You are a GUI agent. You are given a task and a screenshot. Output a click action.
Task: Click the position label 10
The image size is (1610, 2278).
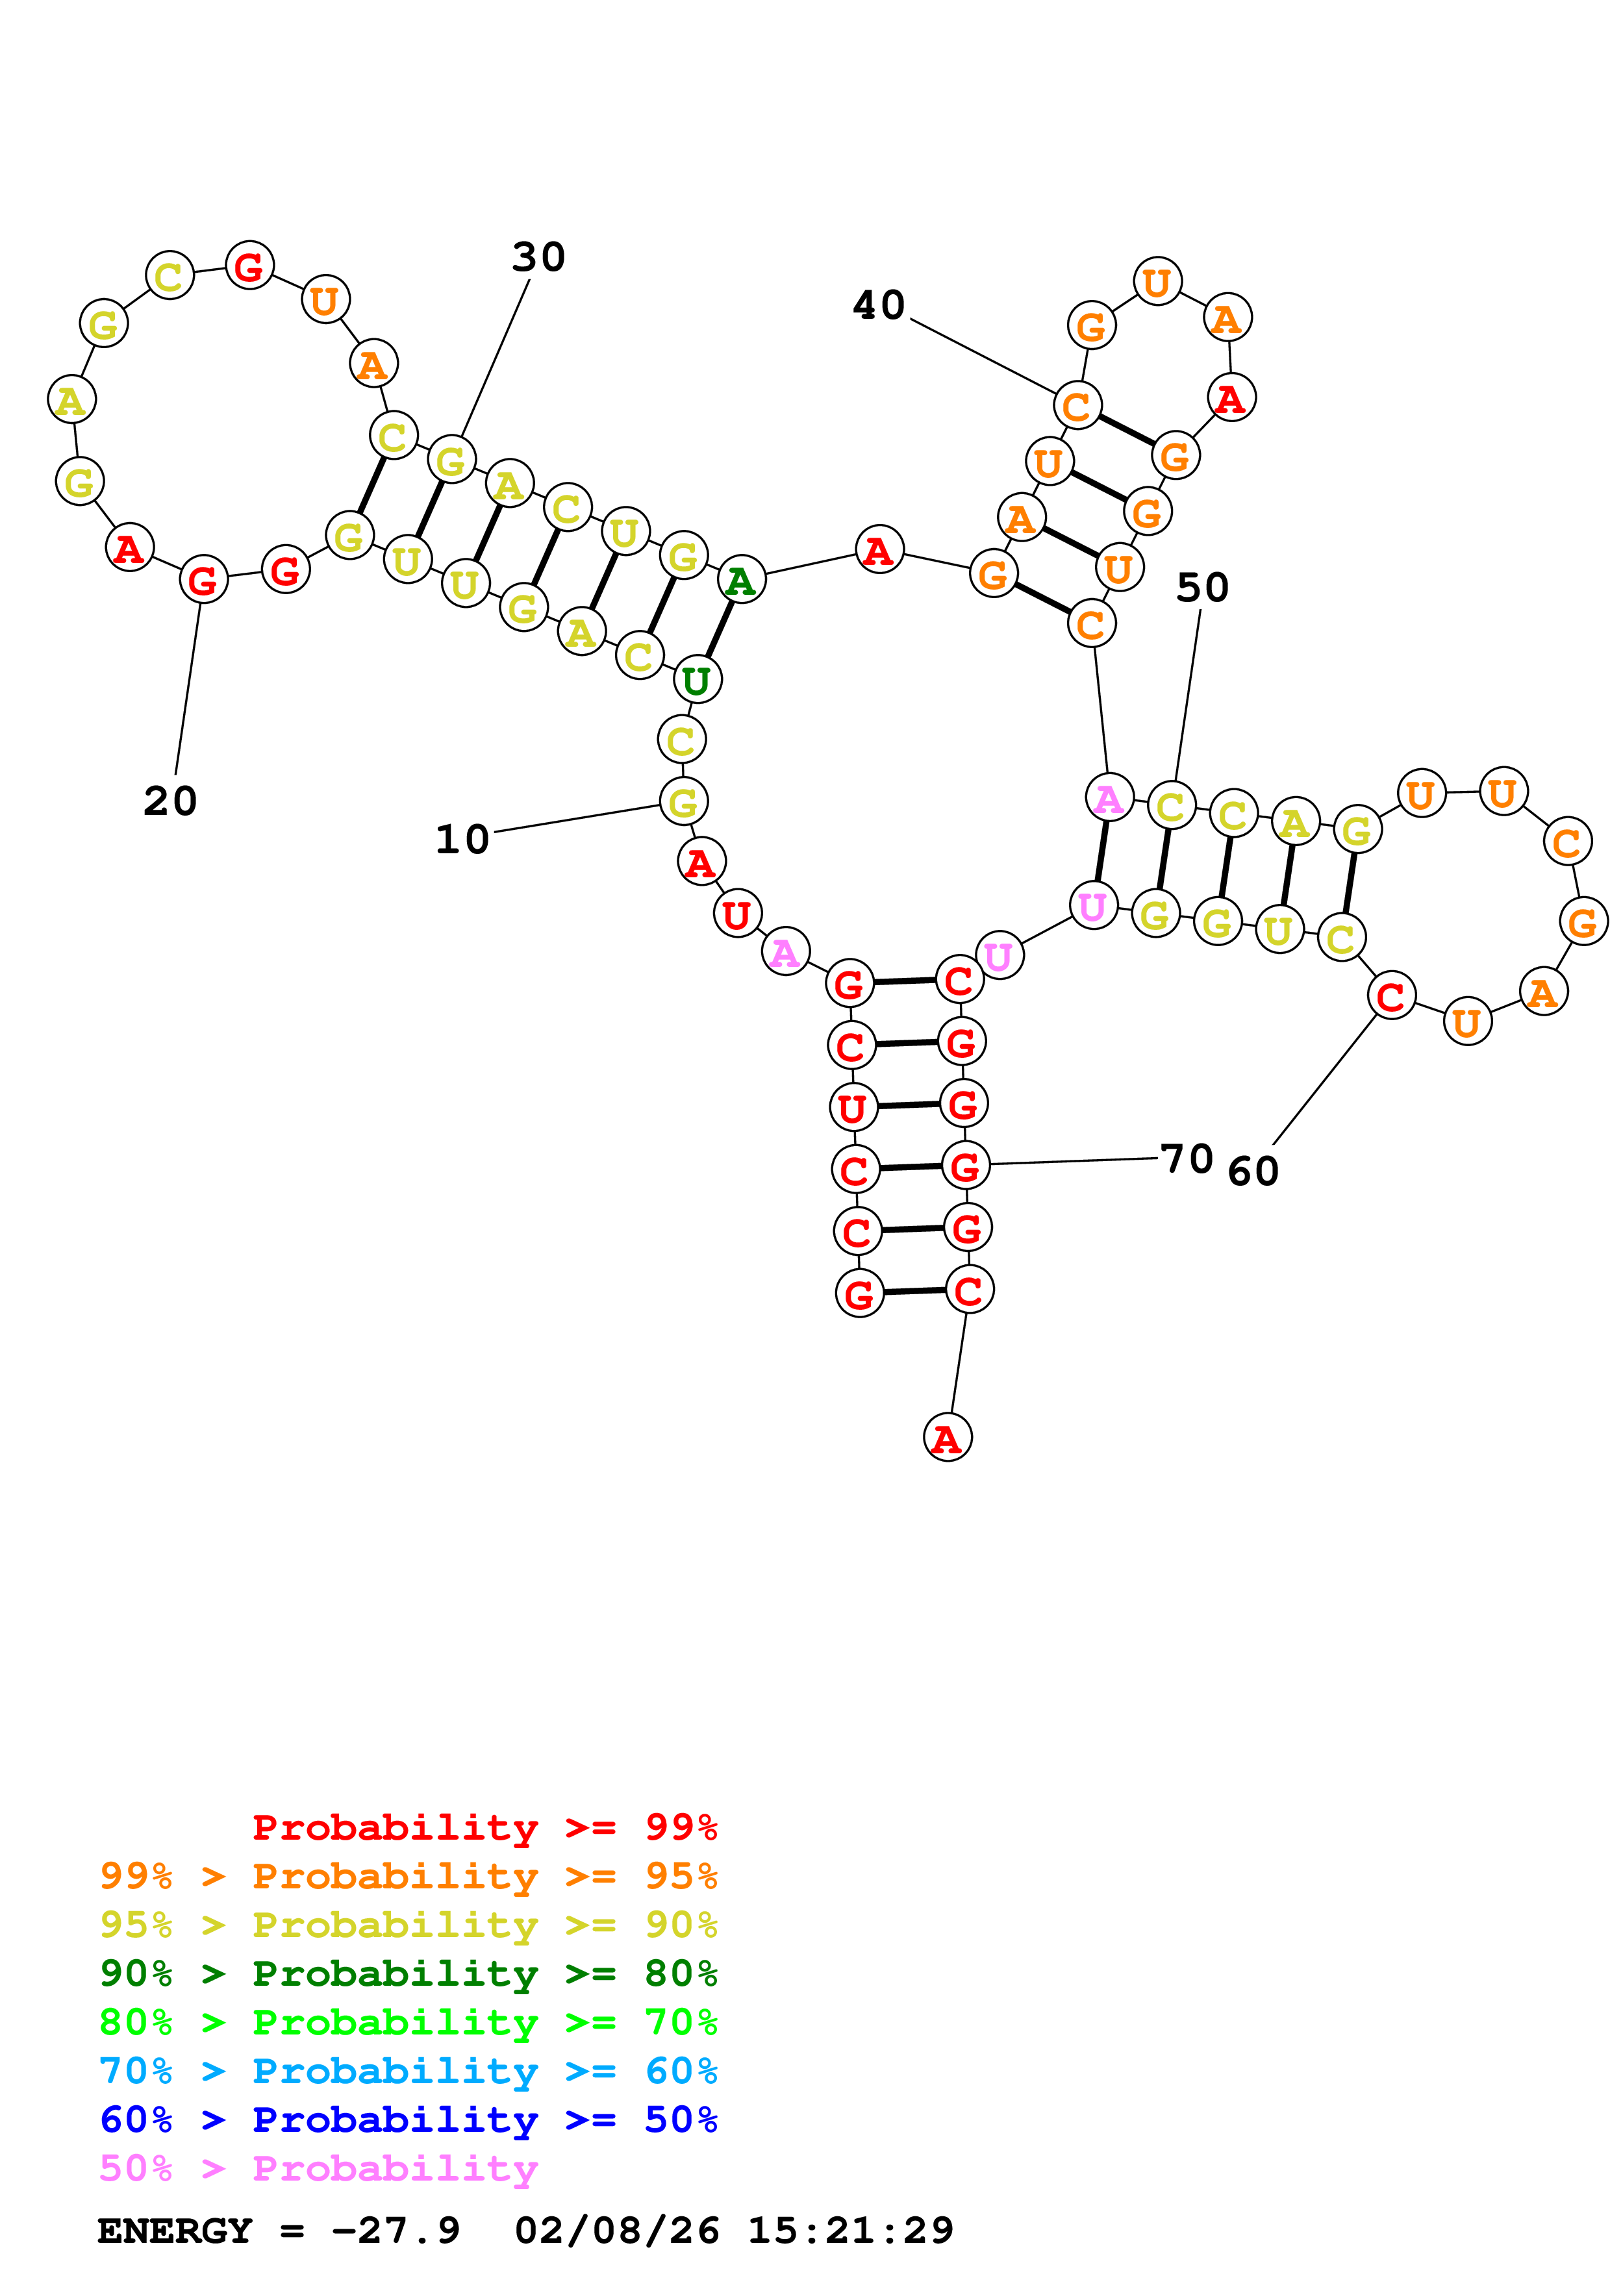click(x=462, y=840)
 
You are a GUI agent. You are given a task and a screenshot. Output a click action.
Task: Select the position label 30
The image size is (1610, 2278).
click(x=538, y=257)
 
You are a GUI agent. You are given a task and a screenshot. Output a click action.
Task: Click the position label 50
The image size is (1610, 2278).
click(x=1202, y=588)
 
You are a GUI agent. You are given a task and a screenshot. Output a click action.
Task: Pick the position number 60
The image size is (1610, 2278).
click(x=1253, y=1171)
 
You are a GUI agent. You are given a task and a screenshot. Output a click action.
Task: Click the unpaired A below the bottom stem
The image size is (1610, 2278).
click(x=948, y=1438)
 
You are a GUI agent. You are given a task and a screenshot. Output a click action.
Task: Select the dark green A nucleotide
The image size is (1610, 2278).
click(x=741, y=581)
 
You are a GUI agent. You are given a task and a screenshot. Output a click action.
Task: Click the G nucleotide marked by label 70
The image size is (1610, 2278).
click(x=965, y=1166)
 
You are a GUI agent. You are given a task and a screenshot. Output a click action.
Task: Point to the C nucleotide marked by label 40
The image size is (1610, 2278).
click(x=1077, y=406)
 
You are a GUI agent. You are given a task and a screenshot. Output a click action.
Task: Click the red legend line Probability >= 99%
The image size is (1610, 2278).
click(x=484, y=1827)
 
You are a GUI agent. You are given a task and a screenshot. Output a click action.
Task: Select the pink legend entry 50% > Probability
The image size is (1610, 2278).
click(x=318, y=2169)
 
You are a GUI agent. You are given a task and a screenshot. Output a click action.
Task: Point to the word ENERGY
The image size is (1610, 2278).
click(x=175, y=2231)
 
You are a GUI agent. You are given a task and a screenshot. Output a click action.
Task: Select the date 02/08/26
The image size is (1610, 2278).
click(x=617, y=2231)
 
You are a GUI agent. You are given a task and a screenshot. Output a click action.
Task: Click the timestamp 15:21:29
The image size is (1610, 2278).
click(x=850, y=2231)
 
